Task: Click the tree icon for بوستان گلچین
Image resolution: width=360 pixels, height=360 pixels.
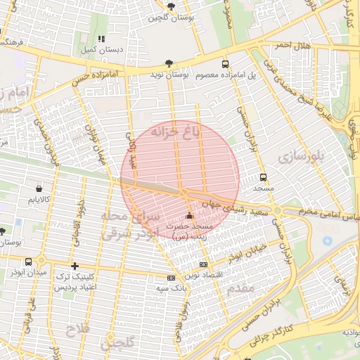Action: point(171,6)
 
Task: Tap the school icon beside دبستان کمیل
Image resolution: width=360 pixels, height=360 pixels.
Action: point(101,39)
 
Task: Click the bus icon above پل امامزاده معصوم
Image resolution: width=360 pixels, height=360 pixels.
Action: point(225,63)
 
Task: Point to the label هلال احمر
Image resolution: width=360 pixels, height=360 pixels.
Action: point(292,46)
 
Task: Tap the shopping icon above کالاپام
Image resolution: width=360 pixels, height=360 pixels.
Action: point(38,188)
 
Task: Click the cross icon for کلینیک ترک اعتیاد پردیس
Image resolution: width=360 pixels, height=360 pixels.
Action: point(75,266)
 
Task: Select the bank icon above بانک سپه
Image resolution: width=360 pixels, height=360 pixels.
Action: point(169,278)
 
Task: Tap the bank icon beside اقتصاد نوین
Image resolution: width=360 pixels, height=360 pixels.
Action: point(204,264)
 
